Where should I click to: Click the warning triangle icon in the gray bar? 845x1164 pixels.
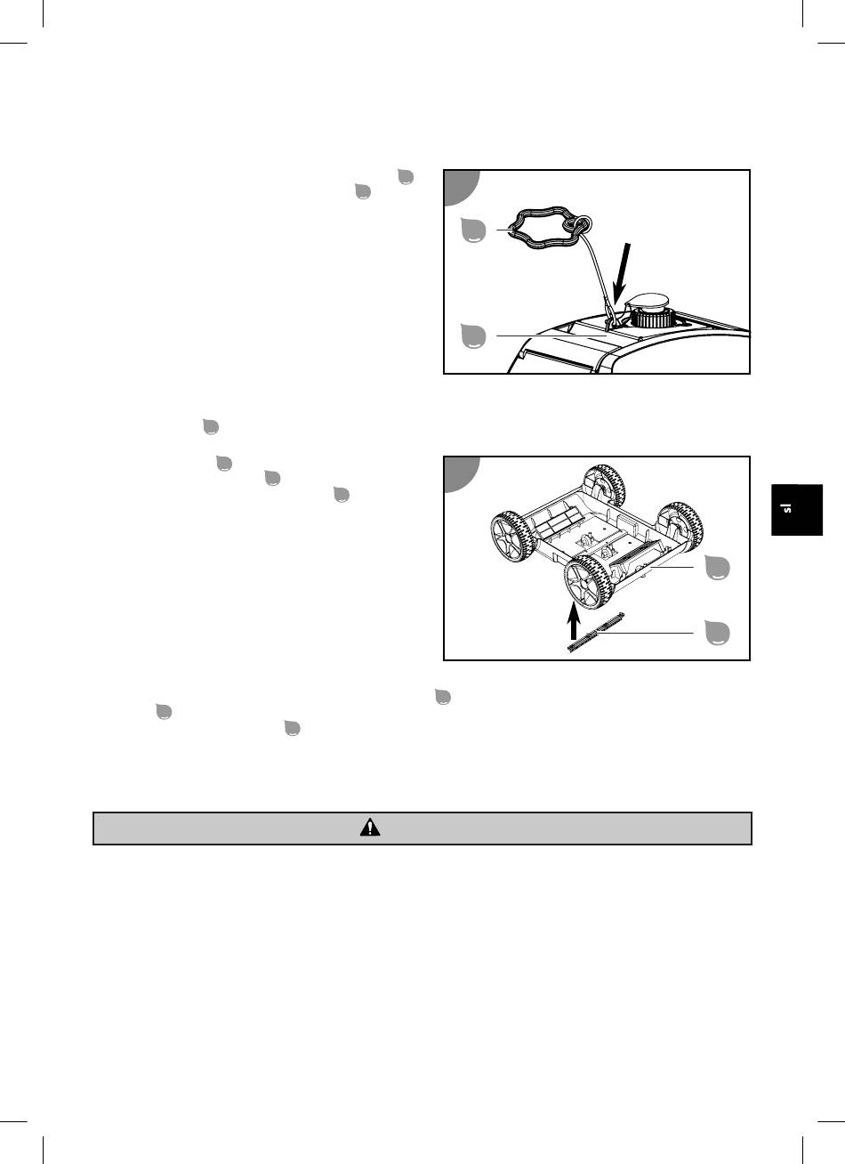click(370, 828)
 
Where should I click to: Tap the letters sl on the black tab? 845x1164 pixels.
click(788, 508)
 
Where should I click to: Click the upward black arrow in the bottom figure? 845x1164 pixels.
click(574, 620)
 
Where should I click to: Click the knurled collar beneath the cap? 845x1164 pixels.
click(652, 317)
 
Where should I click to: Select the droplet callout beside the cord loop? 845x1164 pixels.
click(473, 230)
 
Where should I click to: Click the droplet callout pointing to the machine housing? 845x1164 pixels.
click(473, 336)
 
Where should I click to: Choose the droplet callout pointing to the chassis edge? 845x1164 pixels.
click(717, 567)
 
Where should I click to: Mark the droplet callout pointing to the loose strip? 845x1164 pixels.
click(717, 633)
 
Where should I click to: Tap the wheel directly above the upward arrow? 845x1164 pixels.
click(589, 582)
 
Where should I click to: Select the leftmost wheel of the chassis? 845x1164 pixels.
click(512, 538)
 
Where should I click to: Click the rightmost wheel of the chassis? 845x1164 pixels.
click(680, 524)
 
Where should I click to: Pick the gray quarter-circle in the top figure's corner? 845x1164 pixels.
click(462, 187)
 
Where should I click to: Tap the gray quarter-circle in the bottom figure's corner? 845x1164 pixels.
click(462, 474)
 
